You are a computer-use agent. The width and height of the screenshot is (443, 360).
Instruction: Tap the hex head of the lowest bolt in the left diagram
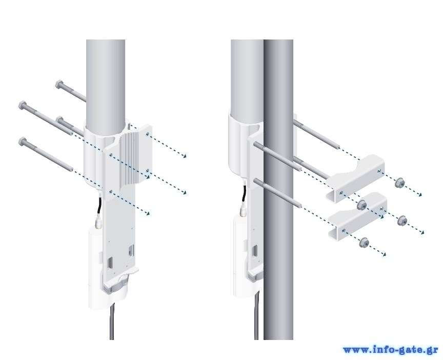click(x=22, y=142)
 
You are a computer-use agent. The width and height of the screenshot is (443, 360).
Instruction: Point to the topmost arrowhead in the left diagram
click(x=185, y=156)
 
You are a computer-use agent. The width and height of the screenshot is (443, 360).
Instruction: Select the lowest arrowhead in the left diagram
click(x=148, y=214)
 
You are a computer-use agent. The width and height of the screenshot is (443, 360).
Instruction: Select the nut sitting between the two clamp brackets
click(x=362, y=205)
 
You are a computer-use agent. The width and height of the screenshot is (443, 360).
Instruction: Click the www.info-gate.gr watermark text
click(x=391, y=350)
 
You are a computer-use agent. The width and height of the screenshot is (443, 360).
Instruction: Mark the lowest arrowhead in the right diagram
click(x=384, y=254)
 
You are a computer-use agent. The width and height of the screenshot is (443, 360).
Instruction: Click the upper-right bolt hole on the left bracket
click(x=148, y=134)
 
